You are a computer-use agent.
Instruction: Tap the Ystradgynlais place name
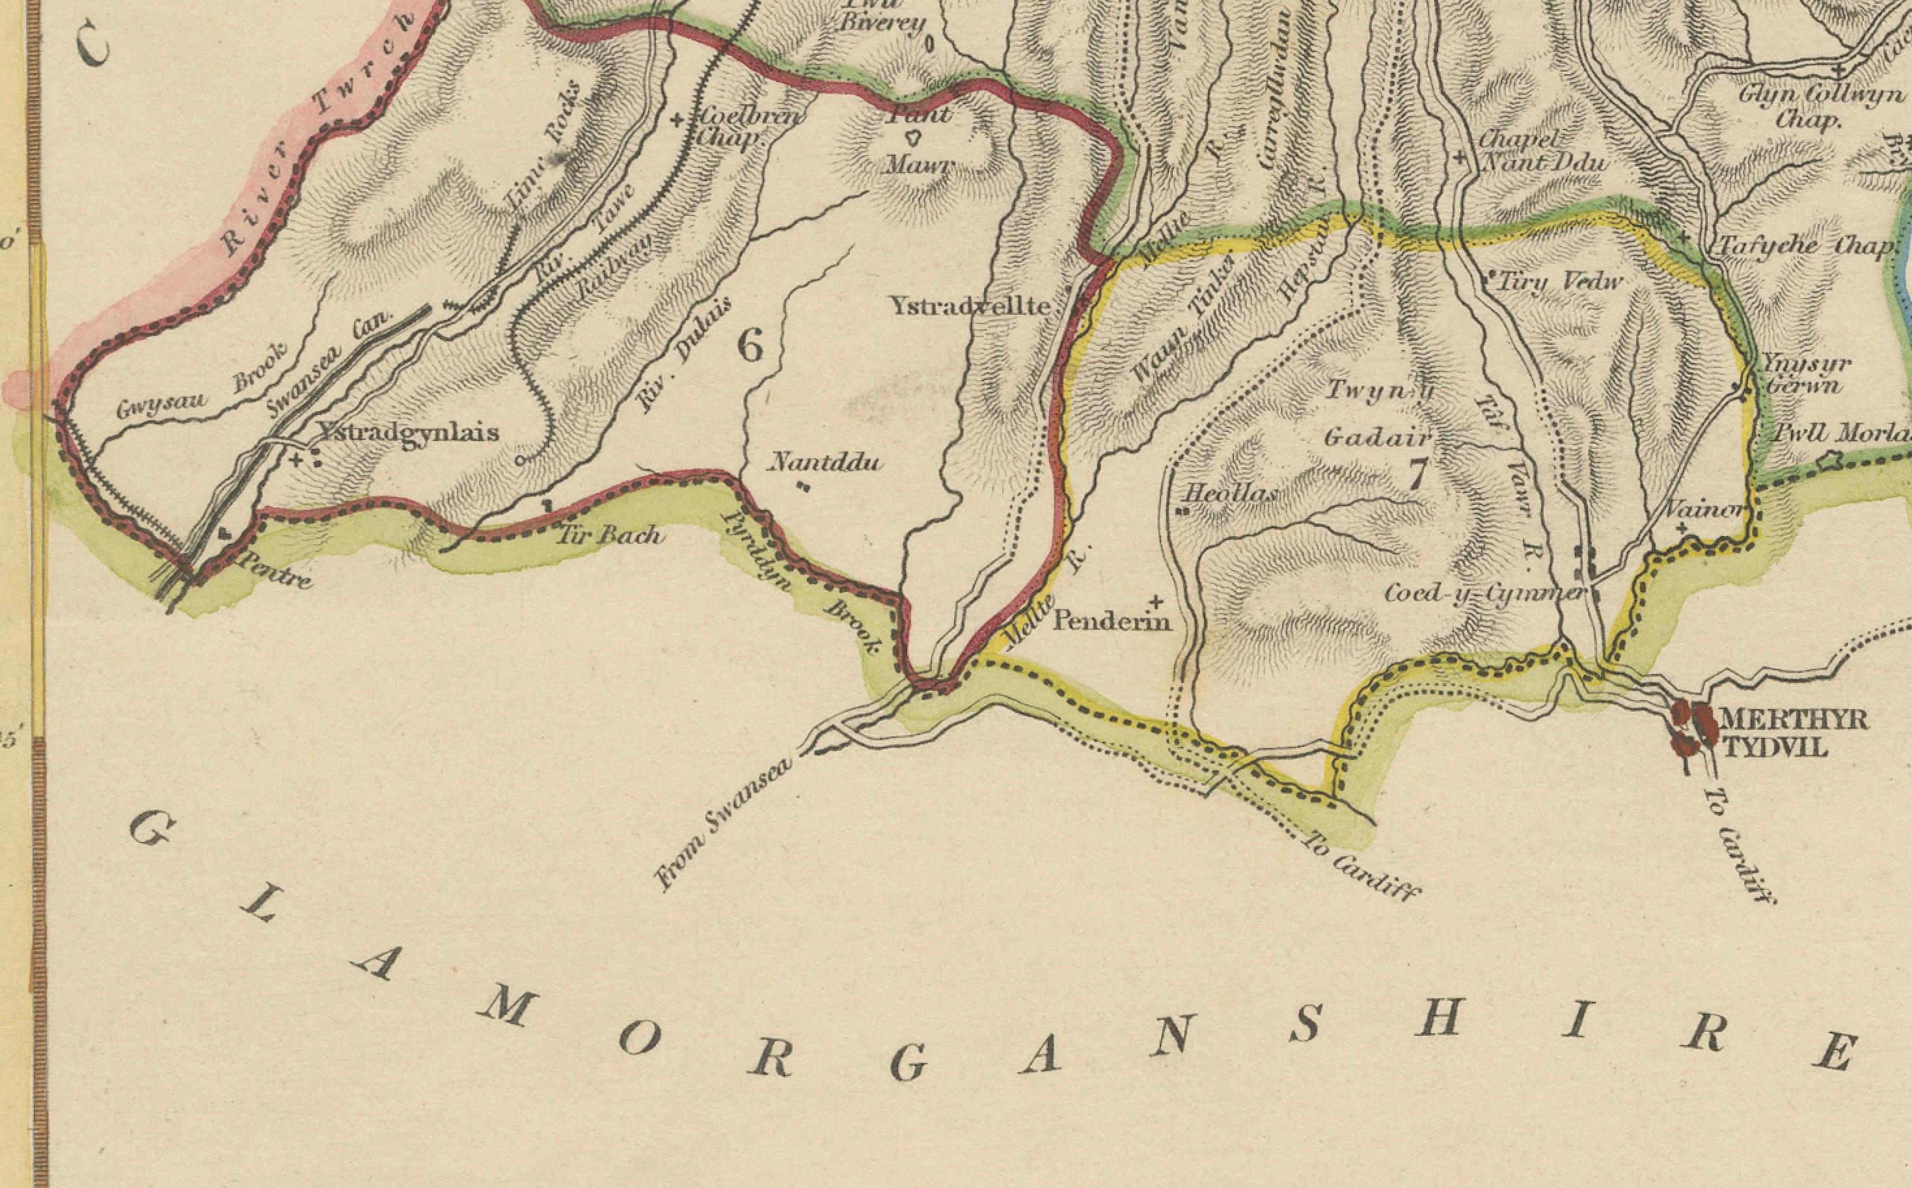[408, 432]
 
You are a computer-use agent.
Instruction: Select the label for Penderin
[1111, 621]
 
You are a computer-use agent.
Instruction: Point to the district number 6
[750, 345]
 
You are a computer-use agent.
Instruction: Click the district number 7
[1416, 474]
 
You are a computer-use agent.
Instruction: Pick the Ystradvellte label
[970, 306]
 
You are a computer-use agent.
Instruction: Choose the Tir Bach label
[610, 536]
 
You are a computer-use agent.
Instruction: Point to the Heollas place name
[1231, 493]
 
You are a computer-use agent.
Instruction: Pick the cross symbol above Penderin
[1156, 602]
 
